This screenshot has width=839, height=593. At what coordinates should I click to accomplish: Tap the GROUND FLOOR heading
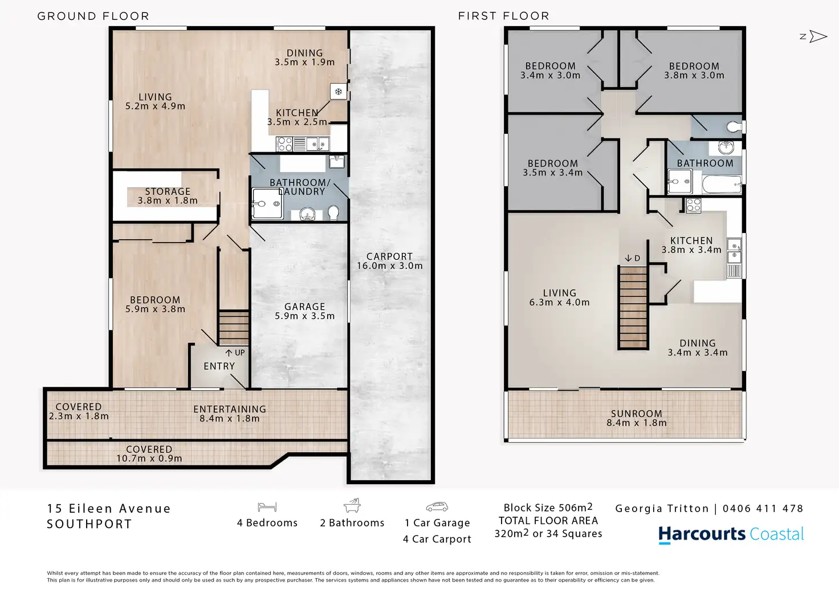pyautogui.click(x=93, y=16)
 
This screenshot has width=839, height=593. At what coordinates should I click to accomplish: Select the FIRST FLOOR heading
pyautogui.click(x=504, y=16)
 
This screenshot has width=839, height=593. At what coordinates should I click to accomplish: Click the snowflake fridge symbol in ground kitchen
pyautogui.click(x=338, y=92)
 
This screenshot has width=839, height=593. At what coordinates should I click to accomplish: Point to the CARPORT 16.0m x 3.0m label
pyautogui.click(x=389, y=261)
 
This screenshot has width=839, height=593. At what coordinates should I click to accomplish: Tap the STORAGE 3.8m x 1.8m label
pyautogui.click(x=168, y=196)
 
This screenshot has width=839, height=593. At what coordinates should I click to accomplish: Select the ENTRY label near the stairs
pyautogui.click(x=219, y=366)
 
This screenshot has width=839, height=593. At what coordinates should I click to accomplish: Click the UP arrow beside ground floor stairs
pyautogui.click(x=229, y=353)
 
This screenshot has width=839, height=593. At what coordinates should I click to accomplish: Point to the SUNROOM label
pyautogui.click(x=636, y=414)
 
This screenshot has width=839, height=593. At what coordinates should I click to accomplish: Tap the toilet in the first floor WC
pyautogui.click(x=734, y=127)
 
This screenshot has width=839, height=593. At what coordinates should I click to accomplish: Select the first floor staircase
pyautogui.click(x=633, y=308)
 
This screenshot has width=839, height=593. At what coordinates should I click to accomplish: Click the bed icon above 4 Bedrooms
pyautogui.click(x=267, y=507)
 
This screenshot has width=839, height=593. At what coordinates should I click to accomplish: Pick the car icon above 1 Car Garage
pyautogui.click(x=437, y=506)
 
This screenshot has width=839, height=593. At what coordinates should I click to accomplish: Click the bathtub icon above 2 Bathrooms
pyautogui.click(x=352, y=505)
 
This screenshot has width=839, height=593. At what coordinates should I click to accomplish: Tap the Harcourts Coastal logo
pyautogui.click(x=731, y=534)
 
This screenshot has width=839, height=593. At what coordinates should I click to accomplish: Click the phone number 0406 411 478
pyautogui.click(x=763, y=508)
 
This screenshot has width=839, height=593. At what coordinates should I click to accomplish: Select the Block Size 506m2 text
pyautogui.click(x=548, y=508)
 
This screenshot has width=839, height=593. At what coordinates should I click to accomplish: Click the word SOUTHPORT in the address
pyautogui.click(x=89, y=524)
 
